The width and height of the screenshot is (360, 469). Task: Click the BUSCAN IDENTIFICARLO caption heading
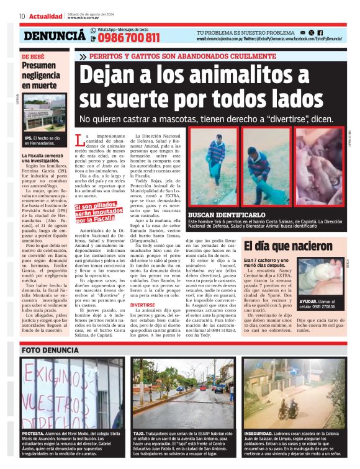224,213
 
